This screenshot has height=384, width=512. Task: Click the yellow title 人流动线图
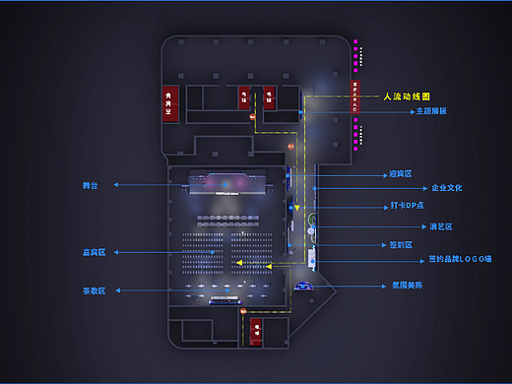(408, 96)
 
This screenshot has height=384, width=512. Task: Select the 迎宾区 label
(400, 174)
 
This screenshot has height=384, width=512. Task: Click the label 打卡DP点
(407, 208)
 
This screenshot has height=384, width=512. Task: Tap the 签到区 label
(400, 244)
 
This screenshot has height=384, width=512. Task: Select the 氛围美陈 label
(407, 286)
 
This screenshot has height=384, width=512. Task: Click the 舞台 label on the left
(90, 184)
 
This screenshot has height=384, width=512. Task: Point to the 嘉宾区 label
(94, 252)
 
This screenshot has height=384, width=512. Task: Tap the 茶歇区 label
(94, 291)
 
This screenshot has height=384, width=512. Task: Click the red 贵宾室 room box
(170, 102)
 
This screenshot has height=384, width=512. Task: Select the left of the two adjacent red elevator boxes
(243, 96)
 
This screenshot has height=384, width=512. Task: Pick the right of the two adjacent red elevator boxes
(268, 96)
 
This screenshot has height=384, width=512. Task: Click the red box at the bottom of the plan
(256, 328)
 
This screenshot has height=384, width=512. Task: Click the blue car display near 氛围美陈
(303, 286)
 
